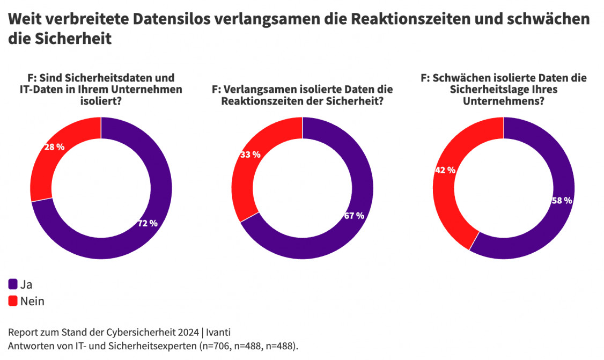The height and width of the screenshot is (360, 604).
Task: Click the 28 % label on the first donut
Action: [x=54, y=147]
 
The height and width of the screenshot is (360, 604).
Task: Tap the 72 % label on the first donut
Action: [x=147, y=223]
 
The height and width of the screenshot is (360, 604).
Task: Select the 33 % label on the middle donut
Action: [x=249, y=155]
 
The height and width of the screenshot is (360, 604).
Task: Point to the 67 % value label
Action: [x=353, y=216]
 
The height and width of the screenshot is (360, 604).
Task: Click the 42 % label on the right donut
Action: [x=445, y=170]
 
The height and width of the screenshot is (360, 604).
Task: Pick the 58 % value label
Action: [x=562, y=201]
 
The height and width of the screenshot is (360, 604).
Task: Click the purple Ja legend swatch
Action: [x=13, y=284]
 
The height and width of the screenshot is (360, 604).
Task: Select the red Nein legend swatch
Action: [x=13, y=301]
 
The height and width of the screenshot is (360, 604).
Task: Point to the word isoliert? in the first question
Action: [x=100, y=101]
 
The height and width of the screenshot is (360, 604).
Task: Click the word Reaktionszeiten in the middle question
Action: [x=259, y=101]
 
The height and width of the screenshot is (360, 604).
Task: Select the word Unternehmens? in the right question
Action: [x=503, y=101]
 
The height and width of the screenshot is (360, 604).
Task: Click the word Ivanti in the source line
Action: [x=220, y=332]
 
